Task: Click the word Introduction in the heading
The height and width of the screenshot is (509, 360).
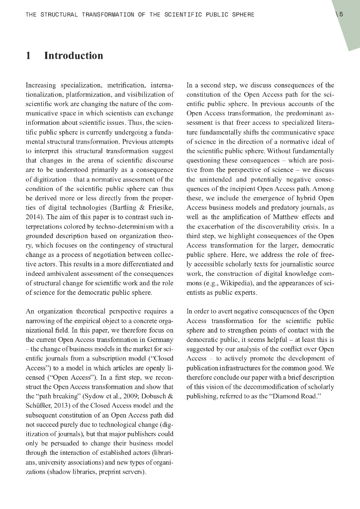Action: coord(74,56)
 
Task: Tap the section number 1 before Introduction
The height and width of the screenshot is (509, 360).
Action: coord(28,56)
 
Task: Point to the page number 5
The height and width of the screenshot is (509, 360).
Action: coord(341,14)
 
